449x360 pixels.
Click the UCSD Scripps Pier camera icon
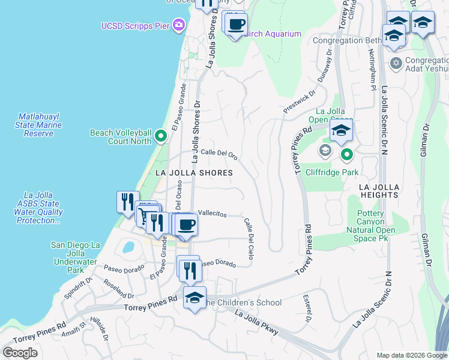pos(178,25)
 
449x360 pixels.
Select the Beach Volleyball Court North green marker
pos(160,137)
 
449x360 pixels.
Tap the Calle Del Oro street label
pos(219,154)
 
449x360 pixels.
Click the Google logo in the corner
pos(20,352)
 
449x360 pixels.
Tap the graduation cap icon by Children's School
pos(194,298)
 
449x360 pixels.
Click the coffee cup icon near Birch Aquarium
pos(236,25)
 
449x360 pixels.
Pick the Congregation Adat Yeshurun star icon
pos(395,63)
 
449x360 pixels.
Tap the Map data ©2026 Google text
pos(412,355)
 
